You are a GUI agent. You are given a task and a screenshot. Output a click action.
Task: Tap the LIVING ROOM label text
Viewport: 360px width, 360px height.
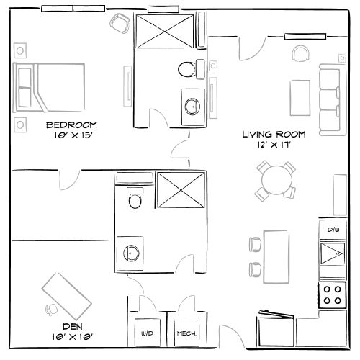click(274, 134)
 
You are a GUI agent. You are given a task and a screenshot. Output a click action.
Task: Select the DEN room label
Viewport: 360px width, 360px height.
click(70, 326)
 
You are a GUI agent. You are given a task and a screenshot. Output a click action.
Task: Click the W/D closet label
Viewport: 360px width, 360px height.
click(148, 333)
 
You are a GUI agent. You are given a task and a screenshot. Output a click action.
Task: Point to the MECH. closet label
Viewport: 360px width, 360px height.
click(187, 333)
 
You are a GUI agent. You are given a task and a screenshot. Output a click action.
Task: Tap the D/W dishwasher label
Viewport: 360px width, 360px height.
click(333, 230)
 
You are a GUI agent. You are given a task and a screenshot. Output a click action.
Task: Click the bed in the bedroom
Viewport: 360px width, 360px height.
click(44, 87)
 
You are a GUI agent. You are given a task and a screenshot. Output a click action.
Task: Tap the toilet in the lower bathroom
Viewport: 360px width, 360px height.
click(134, 199)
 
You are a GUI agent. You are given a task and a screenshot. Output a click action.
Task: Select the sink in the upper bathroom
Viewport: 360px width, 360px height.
click(193, 106)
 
